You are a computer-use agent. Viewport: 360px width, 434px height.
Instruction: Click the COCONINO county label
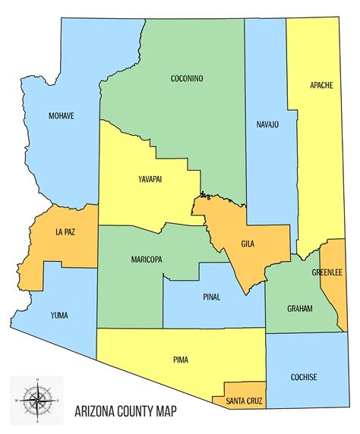[188, 77]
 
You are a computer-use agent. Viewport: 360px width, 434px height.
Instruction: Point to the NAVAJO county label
[267, 124]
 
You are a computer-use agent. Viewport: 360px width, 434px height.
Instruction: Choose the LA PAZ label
[64, 231]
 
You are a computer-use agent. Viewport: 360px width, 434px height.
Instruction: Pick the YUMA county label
[59, 315]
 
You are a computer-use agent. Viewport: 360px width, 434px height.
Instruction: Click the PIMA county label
[180, 360]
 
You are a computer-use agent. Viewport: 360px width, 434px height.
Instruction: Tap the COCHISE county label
[303, 377]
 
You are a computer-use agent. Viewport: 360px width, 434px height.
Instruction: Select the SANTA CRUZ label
[239, 400]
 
